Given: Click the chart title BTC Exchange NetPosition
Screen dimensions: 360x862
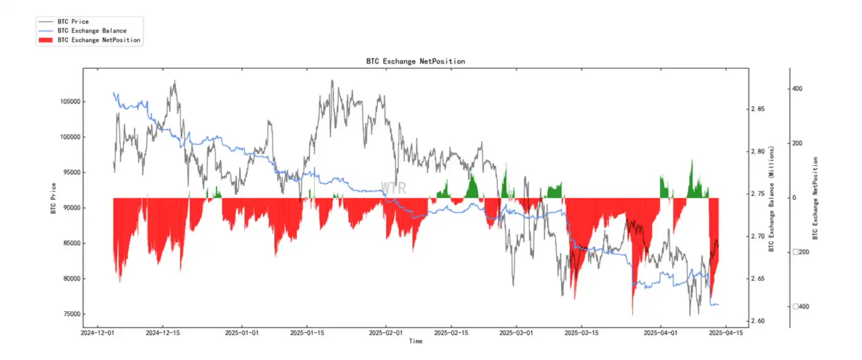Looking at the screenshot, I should point(415,61).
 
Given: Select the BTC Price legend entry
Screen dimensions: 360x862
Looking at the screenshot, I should point(73,22).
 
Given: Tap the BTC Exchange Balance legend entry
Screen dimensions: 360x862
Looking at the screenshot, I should point(91,31).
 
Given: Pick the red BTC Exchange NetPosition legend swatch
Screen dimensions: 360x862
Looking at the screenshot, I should point(46,40).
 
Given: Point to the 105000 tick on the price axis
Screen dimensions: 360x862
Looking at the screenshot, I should point(70,102).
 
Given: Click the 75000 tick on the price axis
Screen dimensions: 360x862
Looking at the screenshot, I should point(71,314).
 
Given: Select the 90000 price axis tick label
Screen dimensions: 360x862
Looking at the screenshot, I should point(71,208).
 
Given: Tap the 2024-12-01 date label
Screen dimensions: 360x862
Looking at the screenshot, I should point(98,333).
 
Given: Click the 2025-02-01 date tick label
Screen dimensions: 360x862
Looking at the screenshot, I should point(386,333).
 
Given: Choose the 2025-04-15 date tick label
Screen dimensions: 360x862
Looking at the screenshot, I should point(726,333).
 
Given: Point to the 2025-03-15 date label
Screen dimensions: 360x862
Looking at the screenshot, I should point(582,333).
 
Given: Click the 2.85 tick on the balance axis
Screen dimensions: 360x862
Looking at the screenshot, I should point(758,109).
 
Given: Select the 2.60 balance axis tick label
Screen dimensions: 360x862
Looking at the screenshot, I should point(758,321).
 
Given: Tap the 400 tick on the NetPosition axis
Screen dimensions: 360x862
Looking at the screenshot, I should point(797,89).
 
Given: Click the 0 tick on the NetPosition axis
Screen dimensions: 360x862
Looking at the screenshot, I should point(794,198).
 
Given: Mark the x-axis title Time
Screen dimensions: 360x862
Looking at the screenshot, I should point(415,342).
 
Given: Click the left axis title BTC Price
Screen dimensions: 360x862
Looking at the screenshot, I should point(53,198).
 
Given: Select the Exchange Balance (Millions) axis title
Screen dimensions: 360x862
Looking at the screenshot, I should point(771,198).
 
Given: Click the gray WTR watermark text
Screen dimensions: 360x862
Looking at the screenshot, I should point(393,188).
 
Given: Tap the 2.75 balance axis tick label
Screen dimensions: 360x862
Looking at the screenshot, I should point(758,194).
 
